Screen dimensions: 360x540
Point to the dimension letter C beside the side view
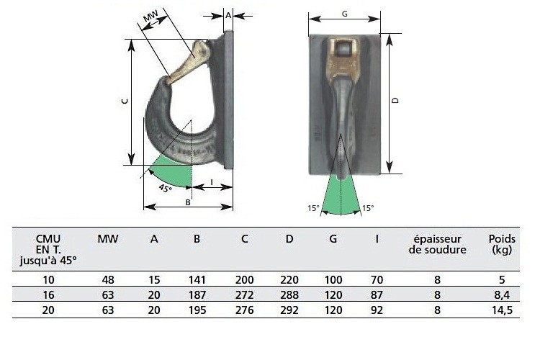point(125,102)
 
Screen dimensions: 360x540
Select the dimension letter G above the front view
point(344,14)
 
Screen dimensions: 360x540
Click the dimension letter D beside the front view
point(395,102)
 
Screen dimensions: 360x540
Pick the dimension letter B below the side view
point(188,202)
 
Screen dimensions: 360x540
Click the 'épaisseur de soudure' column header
point(437,244)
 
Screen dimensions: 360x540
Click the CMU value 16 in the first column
point(48,294)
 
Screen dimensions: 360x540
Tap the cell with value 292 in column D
point(289,310)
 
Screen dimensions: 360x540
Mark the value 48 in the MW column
point(108,279)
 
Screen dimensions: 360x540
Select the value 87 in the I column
point(377,294)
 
